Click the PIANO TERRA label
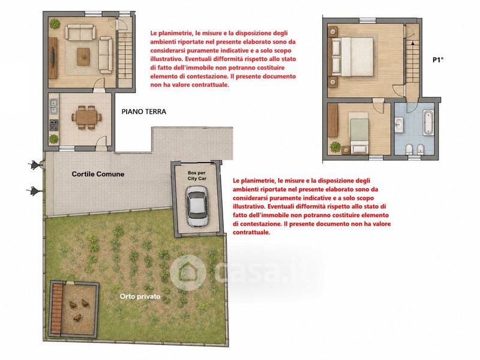pyautogui.click(x=144, y=112)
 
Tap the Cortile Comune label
pyautogui.click(x=98, y=174)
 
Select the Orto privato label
pyautogui.click(x=140, y=296)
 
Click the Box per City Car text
pyautogui.click(x=197, y=176)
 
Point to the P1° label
pyautogui.click(x=438, y=60)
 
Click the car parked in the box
pyautogui.click(x=197, y=206)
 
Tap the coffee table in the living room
pyautogui.click(x=83, y=56)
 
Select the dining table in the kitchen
pyautogui.click(x=86, y=117)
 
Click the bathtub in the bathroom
pyautogui.click(x=428, y=123)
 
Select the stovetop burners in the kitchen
pyautogui.click(x=53, y=125)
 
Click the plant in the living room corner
pyautogui.click(x=55, y=23)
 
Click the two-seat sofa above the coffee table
pyautogui.click(x=80, y=33)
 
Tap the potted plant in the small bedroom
pyautogui.click(x=335, y=146)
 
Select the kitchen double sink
pyautogui.click(x=53, y=106)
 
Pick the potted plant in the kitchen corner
pyautogui.click(x=53, y=139)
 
